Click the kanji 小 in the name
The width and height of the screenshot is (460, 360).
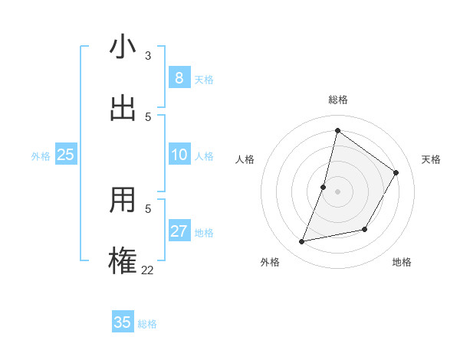coord(123,47)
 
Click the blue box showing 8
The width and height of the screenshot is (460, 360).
coord(179,77)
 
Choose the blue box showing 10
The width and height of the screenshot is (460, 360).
coord(179,155)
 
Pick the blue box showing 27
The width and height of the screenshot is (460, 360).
coord(179,231)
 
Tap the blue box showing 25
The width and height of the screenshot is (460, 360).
coord(65,155)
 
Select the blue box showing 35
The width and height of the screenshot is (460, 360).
coord(123,322)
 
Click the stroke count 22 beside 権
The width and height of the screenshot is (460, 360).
coord(147,270)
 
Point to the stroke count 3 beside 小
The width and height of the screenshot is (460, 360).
coord(148,56)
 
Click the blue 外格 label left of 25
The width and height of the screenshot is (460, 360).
coord(41,156)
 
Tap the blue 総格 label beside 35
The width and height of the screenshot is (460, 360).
coord(147,324)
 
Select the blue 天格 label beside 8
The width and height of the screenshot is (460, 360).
coord(204,80)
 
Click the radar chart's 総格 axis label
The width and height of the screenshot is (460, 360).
coord(338,100)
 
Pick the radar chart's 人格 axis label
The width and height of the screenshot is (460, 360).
coord(245,159)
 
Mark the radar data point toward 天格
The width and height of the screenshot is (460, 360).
coord(396,172)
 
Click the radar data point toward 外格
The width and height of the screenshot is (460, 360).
coord(302,242)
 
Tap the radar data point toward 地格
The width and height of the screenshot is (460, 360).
coord(365,229)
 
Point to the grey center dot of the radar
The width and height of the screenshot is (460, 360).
coord(338,191)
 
